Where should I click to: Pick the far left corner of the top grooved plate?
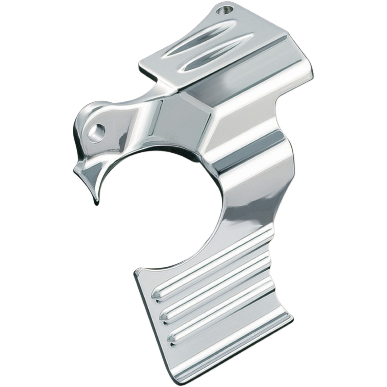point(140,62)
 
